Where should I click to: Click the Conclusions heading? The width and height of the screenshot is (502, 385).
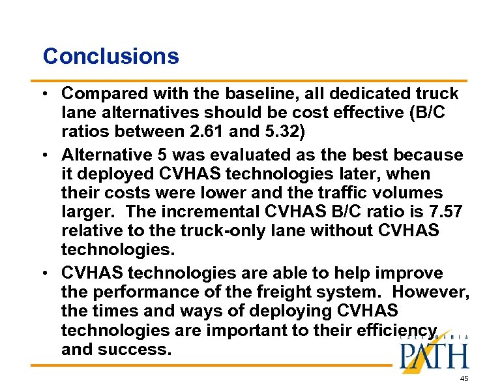[x=110, y=56]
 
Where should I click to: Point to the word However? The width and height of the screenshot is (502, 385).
[x=430, y=292]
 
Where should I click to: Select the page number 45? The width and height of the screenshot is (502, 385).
[x=464, y=378]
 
